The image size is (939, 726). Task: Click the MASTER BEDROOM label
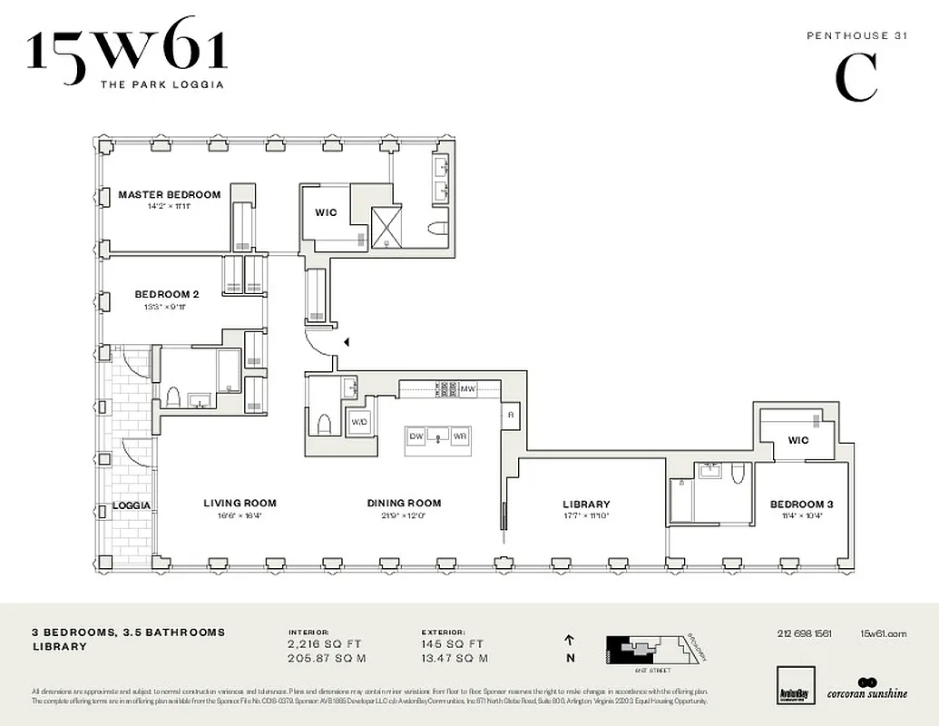point(169,194)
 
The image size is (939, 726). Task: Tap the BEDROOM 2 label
point(166,294)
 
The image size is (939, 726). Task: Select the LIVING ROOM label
point(240,504)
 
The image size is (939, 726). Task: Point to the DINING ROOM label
point(404,504)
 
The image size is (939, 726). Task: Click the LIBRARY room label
point(586,505)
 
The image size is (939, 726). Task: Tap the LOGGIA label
point(131,505)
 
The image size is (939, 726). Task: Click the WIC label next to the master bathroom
point(326,212)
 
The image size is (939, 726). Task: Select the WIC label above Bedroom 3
point(797,441)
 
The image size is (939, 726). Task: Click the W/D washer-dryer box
point(359,422)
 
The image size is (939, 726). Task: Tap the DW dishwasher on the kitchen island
point(417,437)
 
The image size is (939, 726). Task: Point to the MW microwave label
point(468,389)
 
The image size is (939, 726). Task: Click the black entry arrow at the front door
point(346,342)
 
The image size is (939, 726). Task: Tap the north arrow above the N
point(570,640)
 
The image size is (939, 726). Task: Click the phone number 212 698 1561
point(804,633)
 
